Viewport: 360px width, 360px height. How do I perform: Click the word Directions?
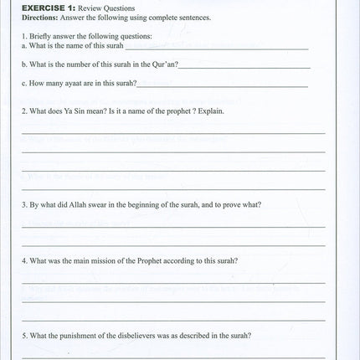pyautogui.click(x=38, y=17)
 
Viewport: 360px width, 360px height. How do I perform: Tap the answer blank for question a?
pyautogui.click(x=218, y=48)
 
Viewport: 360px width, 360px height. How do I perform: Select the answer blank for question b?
pyautogui.click(x=244, y=66)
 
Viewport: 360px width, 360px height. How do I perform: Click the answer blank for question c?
pyautogui.click(x=223, y=85)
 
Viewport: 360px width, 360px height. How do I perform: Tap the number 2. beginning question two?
pyautogui.click(x=24, y=111)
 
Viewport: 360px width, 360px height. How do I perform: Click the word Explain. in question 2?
pyautogui.click(x=211, y=111)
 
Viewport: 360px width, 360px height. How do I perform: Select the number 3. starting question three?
pyautogui.click(x=24, y=204)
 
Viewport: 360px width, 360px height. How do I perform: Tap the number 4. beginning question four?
pyautogui.click(x=24, y=260)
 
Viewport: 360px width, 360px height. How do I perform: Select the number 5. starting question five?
pyautogui.click(x=24, y=336)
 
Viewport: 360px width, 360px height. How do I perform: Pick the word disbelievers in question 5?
pyautogui.click(x=138, y=336)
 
